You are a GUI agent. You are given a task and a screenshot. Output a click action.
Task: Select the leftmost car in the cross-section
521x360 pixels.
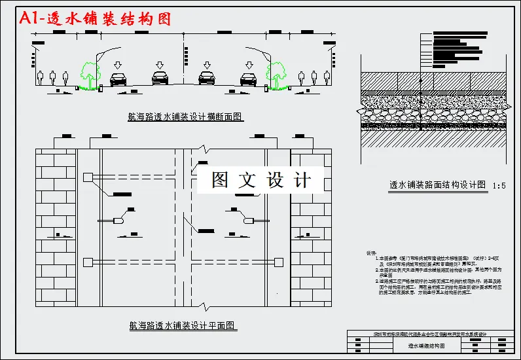tap(118, 79)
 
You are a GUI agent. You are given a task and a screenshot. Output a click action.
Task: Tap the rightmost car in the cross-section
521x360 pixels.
tap(248, 79)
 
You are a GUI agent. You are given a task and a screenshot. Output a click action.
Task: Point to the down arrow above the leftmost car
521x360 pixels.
tap(117, 64)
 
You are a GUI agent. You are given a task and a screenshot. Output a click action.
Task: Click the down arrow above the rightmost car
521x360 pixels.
tap(249, 64)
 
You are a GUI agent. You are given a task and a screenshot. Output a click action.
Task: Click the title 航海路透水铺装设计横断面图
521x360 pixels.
tap(186, 117)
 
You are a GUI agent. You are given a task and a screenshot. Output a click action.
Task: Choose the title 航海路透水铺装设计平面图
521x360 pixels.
tap(183, 325)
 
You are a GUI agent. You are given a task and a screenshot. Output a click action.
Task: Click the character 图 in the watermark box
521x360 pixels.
tap(220, 180)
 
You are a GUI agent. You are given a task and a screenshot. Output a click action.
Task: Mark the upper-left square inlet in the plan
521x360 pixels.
tap(87, 177)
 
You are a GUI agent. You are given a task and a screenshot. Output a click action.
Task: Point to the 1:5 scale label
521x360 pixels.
tap(499, 186)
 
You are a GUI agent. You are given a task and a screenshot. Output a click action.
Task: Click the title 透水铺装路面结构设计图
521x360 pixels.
tap(437, 185)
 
